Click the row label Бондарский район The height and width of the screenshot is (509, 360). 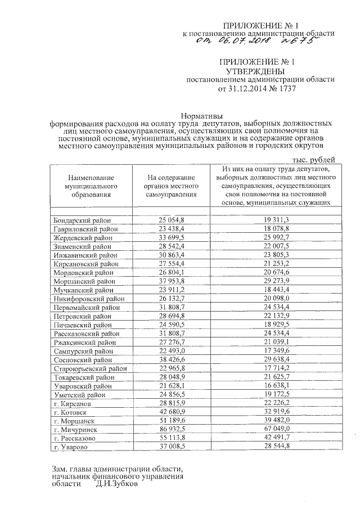click(x=82, y=220)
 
